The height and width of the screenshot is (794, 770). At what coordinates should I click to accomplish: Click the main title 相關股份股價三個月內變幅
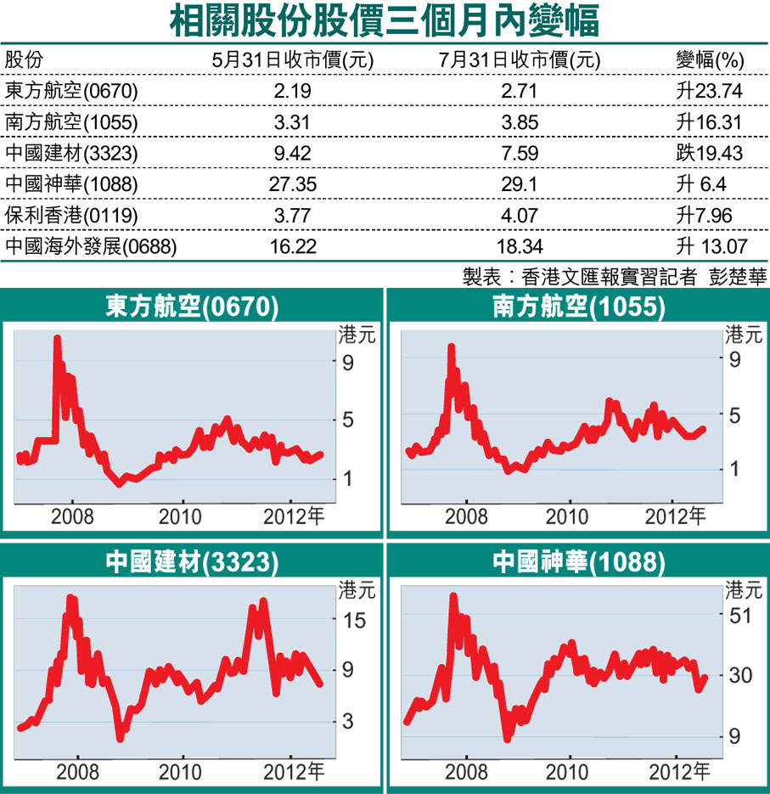385,20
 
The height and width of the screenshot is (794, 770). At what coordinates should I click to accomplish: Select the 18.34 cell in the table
520,246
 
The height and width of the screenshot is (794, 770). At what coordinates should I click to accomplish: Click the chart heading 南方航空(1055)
578,307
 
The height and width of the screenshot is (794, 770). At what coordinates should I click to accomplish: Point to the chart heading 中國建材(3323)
192,561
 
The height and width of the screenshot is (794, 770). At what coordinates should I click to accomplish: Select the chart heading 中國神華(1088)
578,561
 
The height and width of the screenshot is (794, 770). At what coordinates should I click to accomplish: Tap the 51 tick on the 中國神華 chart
740,615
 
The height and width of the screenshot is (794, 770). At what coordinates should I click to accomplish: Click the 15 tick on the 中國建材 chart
354,620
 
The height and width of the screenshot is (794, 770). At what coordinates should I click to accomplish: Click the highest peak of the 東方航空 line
57,339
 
